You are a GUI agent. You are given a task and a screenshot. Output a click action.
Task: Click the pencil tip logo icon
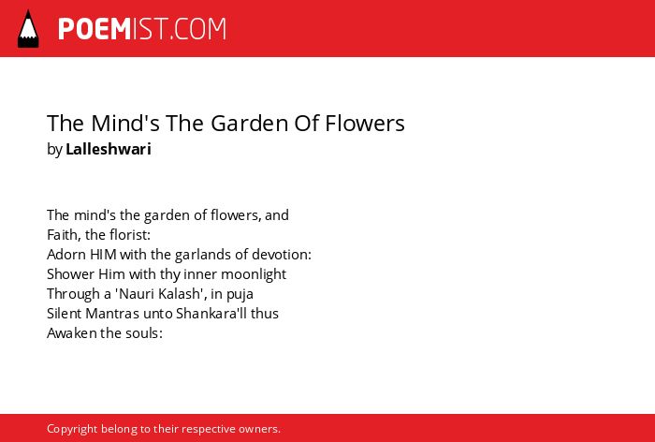click(28, 29)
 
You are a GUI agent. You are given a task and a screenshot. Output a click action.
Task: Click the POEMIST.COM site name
click(142, 29)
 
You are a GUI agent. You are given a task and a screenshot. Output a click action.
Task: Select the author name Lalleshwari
click(109, 149)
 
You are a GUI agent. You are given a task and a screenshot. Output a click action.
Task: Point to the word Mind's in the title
click(125, 124)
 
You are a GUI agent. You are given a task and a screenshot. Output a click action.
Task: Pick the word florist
click(129, 235)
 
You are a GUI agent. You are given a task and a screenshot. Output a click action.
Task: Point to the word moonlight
click(254, 274)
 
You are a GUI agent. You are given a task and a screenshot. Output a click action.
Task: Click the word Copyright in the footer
click(72, 430)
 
